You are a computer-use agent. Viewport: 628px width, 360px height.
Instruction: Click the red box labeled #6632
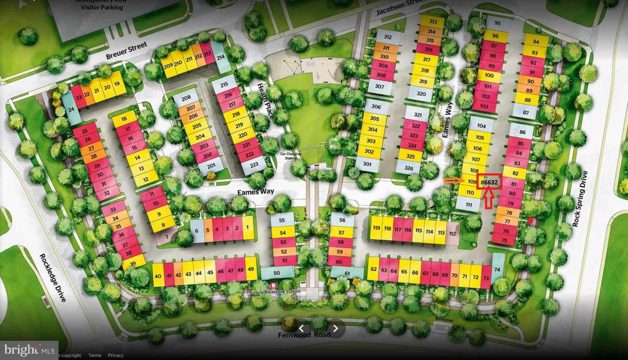click(x=489, y=182)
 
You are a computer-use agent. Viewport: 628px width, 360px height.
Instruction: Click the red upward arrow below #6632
click(x=489, y=198)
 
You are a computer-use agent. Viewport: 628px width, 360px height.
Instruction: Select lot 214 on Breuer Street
click(x=221, y=57)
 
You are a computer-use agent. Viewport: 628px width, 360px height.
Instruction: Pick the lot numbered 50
click(x=277, y=273)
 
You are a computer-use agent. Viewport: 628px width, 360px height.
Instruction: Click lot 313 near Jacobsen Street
click(x=433, y=22)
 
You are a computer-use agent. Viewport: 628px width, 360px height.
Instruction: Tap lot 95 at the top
click(x=497, y=23)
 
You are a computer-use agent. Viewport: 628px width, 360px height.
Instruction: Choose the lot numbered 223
click(x=254, y=165)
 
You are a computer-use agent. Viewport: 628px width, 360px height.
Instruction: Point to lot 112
click(x=453, y=234)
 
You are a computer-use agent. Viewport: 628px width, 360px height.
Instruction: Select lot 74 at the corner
click(x=497, y=269)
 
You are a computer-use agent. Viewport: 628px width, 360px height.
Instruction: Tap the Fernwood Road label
click(x=304, y=335)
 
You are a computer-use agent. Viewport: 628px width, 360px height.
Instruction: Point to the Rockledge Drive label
click(x=53, y=278)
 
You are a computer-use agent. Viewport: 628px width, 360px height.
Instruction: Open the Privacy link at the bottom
click(x=115, y=355)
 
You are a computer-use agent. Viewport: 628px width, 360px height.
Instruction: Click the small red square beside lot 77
click(x=530, y=221)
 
